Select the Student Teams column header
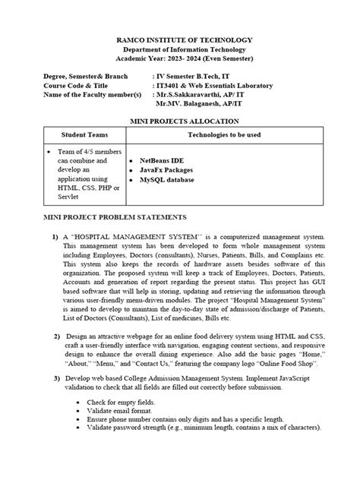click(x=85, y=134)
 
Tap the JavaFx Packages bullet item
click(x=167, y=171)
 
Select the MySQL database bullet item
click(x=166, y=180)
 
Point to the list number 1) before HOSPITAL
click(x=55, y=238)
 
